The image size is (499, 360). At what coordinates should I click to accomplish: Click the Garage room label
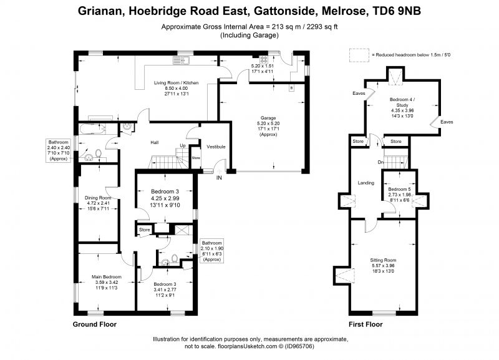[x=268, y=117]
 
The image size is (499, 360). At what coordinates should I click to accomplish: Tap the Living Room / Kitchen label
[x=175, y=82]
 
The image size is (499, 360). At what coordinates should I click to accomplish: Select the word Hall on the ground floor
[x=154, y=142]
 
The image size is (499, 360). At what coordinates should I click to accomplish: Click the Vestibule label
[x=216, y=147]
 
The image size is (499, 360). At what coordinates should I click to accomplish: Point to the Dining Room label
[x=97, y=198]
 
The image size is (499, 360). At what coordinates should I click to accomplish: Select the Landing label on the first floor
[x=366, y=183]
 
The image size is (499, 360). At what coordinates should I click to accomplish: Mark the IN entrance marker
[x=219, y=178]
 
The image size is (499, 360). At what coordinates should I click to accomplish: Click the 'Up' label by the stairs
[x=182, y=146]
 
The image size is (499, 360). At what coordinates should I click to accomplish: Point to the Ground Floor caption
[x=95, y=324]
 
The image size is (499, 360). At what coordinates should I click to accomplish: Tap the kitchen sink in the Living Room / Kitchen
[x=187, y=60]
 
